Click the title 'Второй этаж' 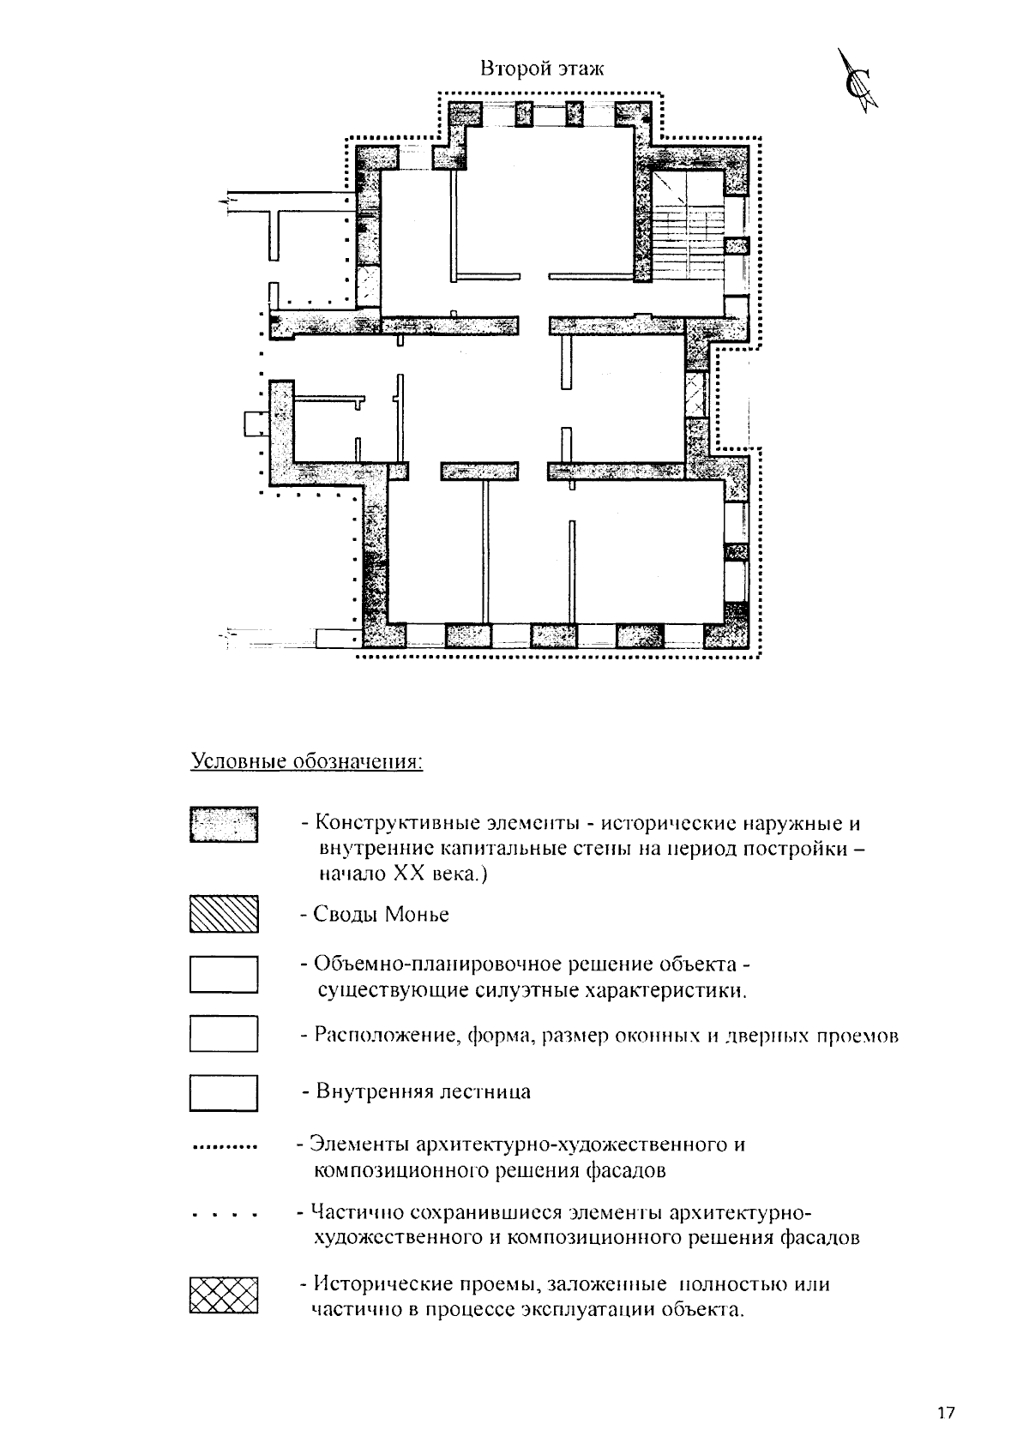(x=542, y=69)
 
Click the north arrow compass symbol (x=858, y=84)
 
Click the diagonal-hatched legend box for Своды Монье (x=224, y=914)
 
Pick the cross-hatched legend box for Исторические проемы (x=224, y=1295)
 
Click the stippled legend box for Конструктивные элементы (x=224, y=825)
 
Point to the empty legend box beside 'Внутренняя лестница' (x=224, y=1093)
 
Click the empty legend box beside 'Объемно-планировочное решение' (x=224, y=975)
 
